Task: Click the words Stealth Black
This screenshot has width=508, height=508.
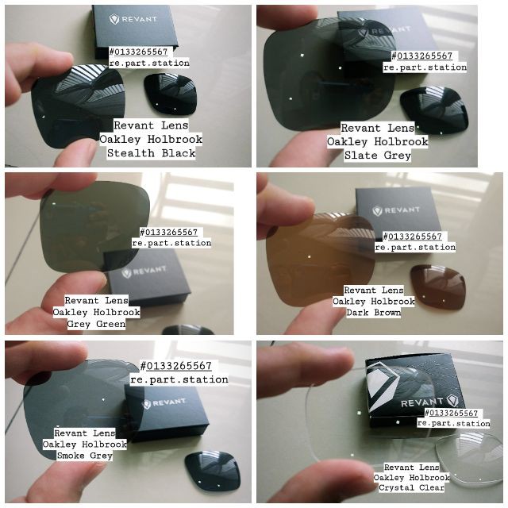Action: point(152,153)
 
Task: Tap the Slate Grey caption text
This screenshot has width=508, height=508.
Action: point(378,156)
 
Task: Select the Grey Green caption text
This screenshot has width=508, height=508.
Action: point(96,324)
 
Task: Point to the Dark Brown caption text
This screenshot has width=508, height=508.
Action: point(374,312)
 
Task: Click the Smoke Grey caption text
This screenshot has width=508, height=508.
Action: point(85,455)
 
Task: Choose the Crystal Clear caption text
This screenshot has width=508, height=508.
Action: point(411,487)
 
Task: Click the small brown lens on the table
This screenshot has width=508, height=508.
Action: point(438,287)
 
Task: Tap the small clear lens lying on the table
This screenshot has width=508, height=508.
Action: point(468,461)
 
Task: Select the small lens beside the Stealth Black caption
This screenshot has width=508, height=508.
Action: point(170,94)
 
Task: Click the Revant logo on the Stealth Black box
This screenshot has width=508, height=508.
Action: point(133,19)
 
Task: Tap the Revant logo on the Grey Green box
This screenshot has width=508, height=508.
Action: point(144,271)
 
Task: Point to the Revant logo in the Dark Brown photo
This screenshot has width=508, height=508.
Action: point(395,210)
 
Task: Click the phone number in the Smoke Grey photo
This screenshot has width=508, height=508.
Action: point(176,366)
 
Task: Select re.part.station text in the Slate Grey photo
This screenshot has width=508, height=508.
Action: point(425,67)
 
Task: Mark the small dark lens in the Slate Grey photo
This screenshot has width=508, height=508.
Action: point(435,110)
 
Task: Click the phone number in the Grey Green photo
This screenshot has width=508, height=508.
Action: point(169,232)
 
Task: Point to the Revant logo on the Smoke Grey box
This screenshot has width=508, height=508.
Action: point(164,403)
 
